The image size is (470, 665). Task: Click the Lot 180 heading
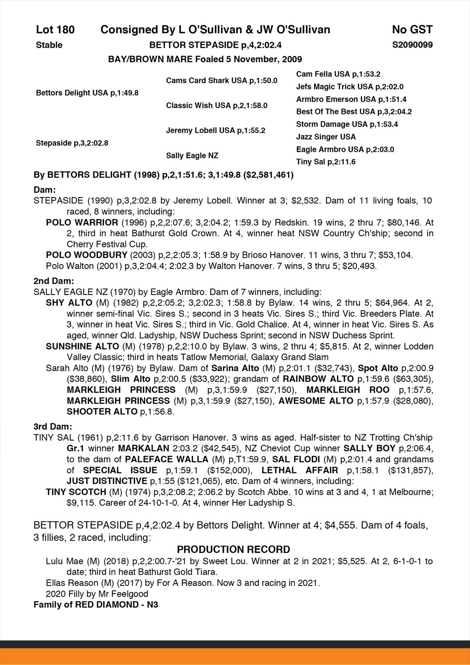[x=55, y=30]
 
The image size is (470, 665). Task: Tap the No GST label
[x=411, y=30]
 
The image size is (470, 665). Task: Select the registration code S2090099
[x=412, y=45]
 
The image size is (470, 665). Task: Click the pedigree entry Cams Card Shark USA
[x=221, y=80]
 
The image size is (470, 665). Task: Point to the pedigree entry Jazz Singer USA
[x=326, y=137]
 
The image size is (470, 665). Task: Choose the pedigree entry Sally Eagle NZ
[x=192, y=156]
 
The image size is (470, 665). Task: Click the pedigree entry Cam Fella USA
[x=338, y=74]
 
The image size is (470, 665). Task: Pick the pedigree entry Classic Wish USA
[x=216, y=105]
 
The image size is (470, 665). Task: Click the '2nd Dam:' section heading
[x=54, y=281]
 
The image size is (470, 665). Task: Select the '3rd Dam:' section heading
[x=53, y=426]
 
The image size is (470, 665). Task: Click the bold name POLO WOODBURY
[x=86, y=255]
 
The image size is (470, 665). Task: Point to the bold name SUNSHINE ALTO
[x=82, y=346]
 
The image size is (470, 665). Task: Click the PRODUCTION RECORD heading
[x=234, y=549]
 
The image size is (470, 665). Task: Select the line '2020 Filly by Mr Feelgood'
[x=97, y=594]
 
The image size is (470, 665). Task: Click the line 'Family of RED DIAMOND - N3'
[x=96, y=605]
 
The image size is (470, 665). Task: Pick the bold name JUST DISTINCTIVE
[x=107, y=481]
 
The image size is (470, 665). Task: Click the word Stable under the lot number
[x=49, y=45]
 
